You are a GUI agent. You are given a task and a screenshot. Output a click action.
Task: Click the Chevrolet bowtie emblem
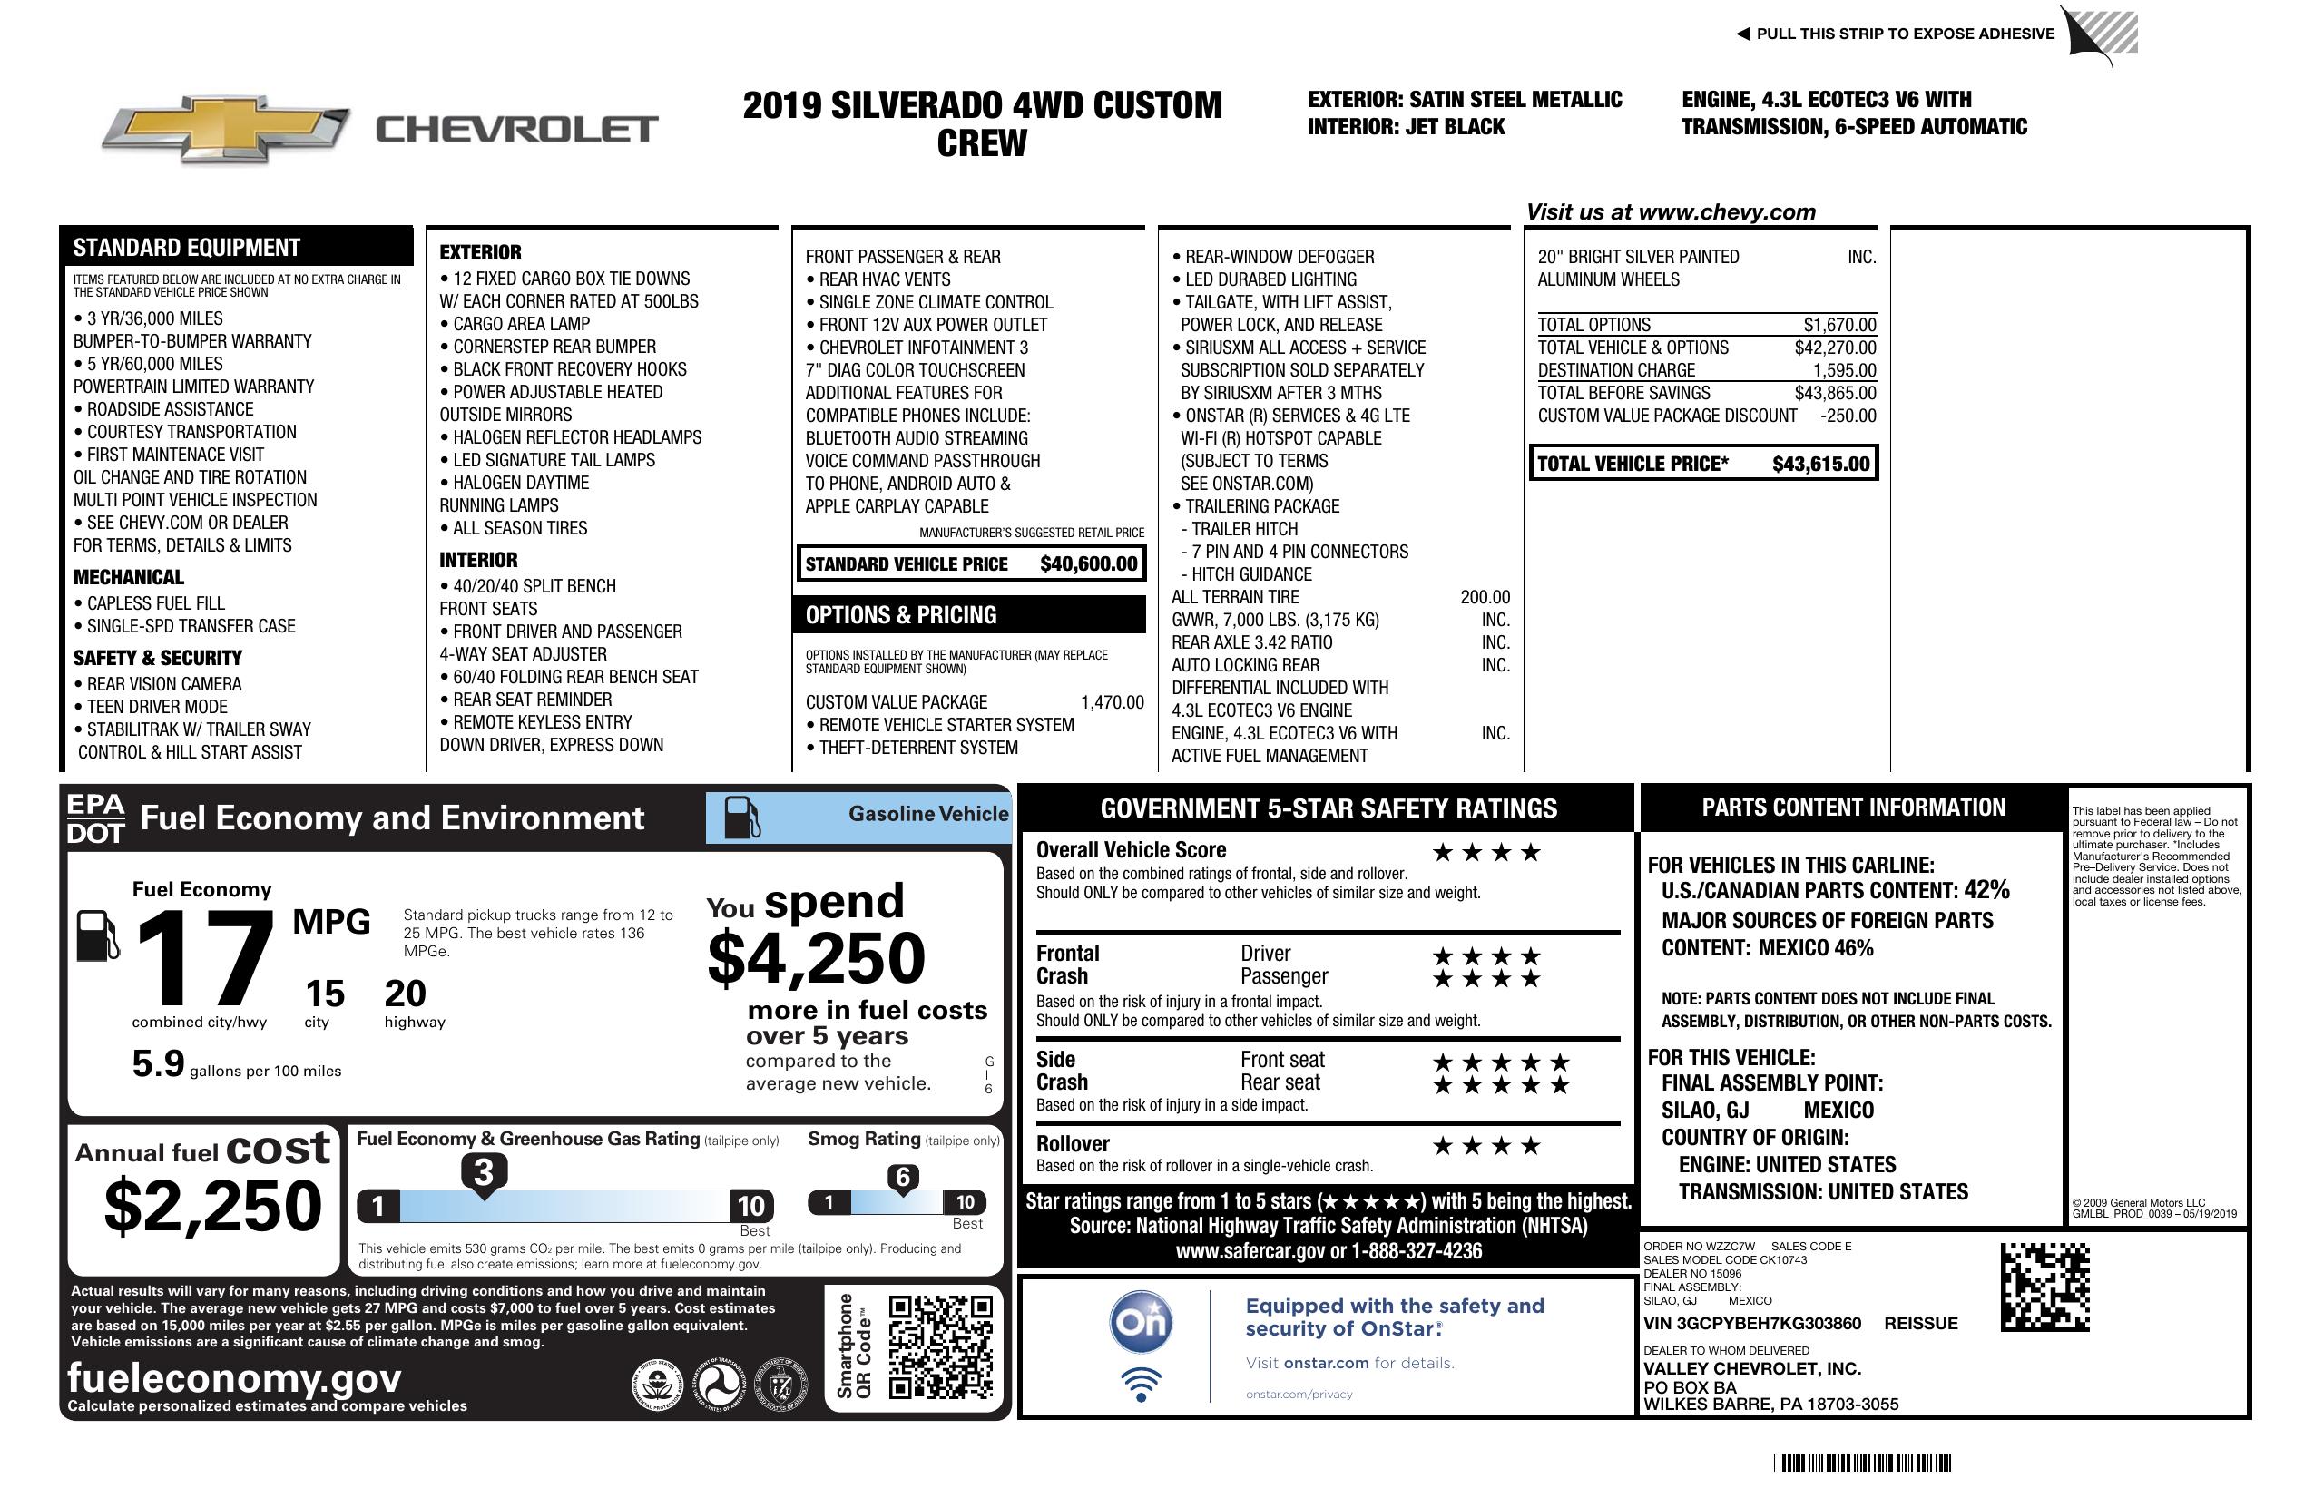pos(225,128)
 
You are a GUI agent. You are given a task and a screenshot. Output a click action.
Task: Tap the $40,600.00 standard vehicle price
pos(1088,563)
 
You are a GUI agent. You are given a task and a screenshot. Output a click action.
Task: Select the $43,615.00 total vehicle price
pos(1820,464)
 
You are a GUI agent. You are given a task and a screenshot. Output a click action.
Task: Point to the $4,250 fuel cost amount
pos(816,958)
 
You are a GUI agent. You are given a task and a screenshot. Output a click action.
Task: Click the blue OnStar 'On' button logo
pos(1141,1322)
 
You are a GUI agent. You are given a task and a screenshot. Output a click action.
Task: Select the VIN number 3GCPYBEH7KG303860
pos(1752,1323)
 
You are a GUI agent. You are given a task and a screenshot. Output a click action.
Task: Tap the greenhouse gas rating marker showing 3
pos(483,1172)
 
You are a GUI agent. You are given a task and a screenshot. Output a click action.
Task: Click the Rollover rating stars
pos(1486,1146)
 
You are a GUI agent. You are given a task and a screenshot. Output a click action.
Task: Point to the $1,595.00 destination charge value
pos(1844,370)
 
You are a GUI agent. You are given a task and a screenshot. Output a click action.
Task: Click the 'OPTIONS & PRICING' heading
pos(900,615)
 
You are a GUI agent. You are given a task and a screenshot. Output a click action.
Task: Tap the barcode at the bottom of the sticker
pos(1862,1463)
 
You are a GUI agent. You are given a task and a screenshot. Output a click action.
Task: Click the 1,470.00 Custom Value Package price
pos(1112,702)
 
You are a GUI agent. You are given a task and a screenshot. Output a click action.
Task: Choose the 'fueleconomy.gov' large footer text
pos(234,1377)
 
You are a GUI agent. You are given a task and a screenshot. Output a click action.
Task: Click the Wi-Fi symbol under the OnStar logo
pos(1141,1384)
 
